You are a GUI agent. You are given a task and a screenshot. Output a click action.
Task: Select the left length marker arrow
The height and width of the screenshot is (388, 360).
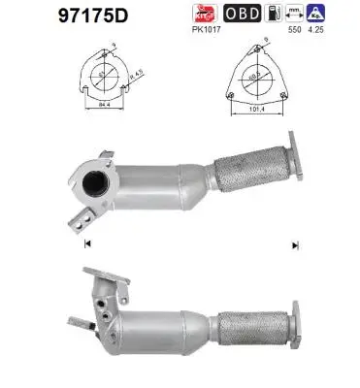[88, 242]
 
